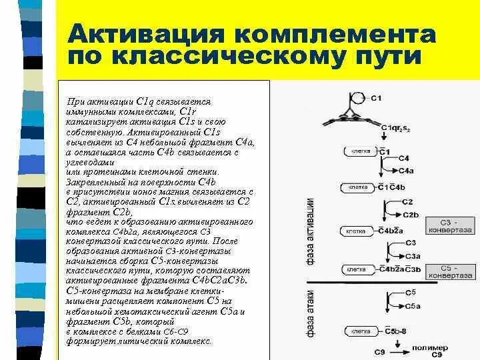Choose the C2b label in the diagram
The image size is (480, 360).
[410, 214]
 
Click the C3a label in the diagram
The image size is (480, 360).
[412, 256]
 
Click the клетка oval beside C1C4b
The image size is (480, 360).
[358, 187]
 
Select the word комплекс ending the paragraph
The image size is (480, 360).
[190, 341]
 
